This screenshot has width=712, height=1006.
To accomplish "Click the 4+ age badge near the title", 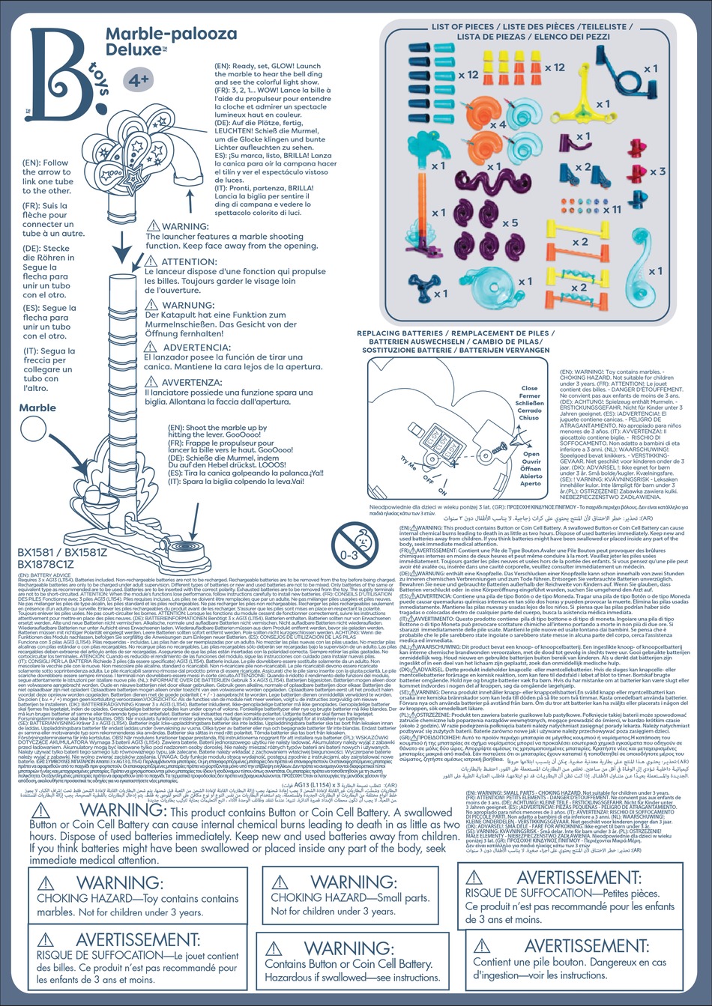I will pos(136,79).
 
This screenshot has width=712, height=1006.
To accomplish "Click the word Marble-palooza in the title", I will pos(171,34).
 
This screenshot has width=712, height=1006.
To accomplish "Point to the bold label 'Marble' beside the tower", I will pos(37,407).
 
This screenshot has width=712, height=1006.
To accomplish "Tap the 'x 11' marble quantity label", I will pos(612,209).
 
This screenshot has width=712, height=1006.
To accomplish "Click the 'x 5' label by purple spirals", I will pos(510,222).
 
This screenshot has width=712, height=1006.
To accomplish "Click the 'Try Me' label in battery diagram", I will pos(408,462).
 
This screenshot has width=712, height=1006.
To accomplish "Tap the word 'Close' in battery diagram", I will pos(529,389).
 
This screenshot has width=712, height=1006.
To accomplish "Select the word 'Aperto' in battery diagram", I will pos(531,483).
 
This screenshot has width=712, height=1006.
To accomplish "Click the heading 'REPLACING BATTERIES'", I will pos(399,333).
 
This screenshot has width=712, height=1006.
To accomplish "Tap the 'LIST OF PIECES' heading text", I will pos(462,27).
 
